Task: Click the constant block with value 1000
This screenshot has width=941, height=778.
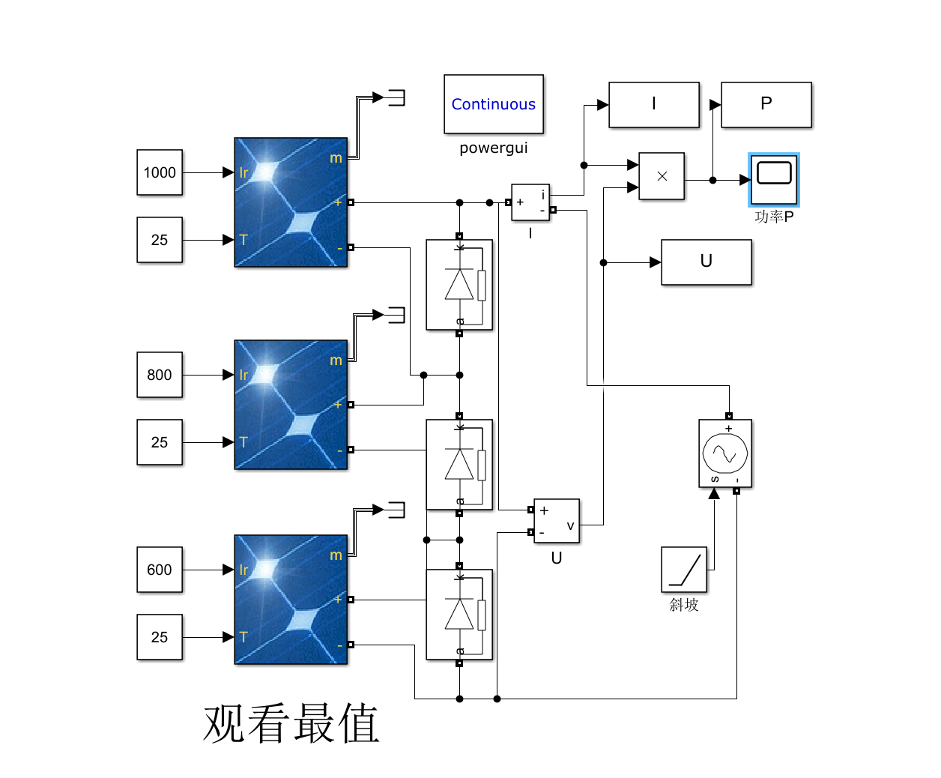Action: coord(160,172)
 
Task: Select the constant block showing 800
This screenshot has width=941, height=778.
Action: coord(160,375)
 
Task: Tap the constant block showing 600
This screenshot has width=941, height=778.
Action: coord(160,570)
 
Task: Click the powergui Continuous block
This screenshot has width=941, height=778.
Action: coord(494,104)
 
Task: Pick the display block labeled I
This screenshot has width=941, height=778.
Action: coord(654,105)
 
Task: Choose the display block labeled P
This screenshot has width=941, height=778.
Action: coord(766,105)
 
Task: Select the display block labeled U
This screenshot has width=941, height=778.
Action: coord(706,262)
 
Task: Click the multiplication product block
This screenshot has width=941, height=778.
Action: coord(662,177)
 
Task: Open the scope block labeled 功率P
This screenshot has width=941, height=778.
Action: coord(774,180)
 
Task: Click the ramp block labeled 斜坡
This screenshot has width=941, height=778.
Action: coord(684,570)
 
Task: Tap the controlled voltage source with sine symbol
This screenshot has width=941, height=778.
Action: coord(725,453)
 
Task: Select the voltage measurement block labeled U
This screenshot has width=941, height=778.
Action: coord(557,521)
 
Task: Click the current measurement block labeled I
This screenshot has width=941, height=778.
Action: coord(530,202)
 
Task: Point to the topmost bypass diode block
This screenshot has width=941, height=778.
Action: coord(459,285)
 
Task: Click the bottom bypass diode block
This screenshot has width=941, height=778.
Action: coord(459,615)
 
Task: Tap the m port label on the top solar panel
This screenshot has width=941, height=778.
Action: coord(336,158)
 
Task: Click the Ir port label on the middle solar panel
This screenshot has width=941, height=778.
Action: coord(243,375)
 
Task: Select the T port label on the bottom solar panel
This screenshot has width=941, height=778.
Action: coord(243,637)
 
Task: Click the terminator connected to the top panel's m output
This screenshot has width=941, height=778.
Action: coord(396,97)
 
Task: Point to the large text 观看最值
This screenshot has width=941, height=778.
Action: coord(291,723)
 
